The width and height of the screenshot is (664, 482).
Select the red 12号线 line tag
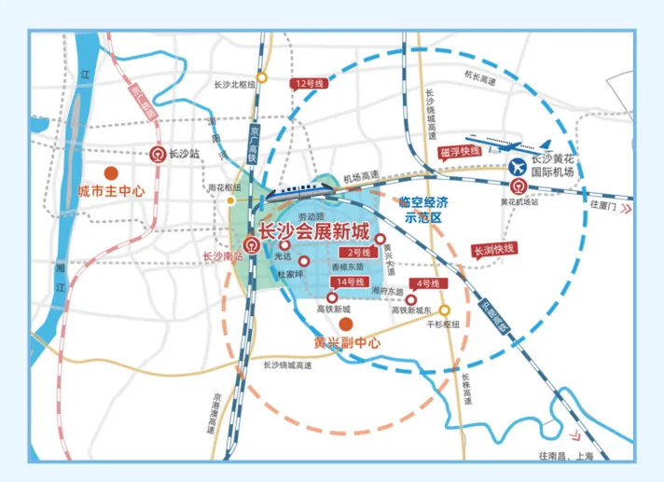[x=304, y=83]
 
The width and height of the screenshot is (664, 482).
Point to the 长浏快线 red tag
[x=494, y=249]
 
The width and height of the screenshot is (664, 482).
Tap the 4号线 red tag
[x=428, y=282]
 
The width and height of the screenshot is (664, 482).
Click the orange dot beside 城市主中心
[x=110, y=173]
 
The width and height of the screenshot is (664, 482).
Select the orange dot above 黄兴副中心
[x=345, y=324]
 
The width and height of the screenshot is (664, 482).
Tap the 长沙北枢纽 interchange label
[x=234, y=84]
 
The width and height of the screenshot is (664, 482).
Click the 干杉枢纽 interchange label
[x=443, y=324]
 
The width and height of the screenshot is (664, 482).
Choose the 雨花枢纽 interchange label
[x=225, y=186]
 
